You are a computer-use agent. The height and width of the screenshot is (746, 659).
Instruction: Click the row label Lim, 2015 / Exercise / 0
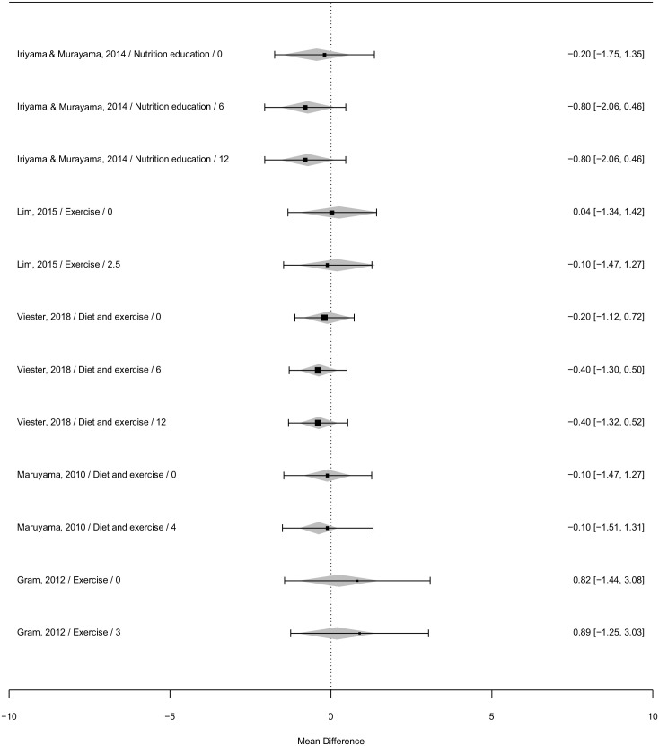pos(65,212)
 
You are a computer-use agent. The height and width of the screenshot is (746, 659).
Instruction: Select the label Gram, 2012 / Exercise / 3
pos(68,632)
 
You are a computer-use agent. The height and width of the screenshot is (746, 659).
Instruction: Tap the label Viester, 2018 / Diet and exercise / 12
pos(92,422)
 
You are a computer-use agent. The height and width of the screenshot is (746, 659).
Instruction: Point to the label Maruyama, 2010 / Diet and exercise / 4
pos(97,527)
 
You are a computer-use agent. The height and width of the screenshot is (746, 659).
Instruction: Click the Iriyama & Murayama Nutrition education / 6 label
pos(120,107)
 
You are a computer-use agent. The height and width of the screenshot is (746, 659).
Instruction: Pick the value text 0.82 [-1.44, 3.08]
pos(609,580)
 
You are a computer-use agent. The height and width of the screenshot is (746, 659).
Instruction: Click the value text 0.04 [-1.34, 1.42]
pos(609,212)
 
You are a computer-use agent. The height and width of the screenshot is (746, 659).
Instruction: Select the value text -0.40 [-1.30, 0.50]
pos(606,370)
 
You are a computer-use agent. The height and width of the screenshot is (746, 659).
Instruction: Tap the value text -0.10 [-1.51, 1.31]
pos(606,527)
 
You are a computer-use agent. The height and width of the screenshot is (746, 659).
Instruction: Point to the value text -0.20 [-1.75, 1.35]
pos(606,54)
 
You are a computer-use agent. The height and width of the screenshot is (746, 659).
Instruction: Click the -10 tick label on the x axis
pos(9,716)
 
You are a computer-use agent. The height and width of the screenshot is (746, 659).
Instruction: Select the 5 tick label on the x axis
pos(491,716)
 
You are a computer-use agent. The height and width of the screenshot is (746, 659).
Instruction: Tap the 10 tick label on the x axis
pos(653,716)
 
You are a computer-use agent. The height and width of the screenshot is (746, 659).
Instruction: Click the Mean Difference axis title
pos(330,741)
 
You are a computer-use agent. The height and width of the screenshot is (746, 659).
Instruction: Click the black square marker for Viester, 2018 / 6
pos(319,370)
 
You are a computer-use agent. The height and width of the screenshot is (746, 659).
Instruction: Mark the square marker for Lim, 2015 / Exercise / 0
pos(332,213)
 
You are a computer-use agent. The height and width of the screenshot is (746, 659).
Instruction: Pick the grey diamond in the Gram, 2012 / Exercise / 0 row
pos(338,581)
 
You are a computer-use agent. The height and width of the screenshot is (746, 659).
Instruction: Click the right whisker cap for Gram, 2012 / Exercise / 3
pos(428,633)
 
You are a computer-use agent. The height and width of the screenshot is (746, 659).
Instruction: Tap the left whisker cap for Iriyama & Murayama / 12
pos(265,161)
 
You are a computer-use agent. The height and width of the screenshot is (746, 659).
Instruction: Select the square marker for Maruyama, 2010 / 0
pos(328,475)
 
